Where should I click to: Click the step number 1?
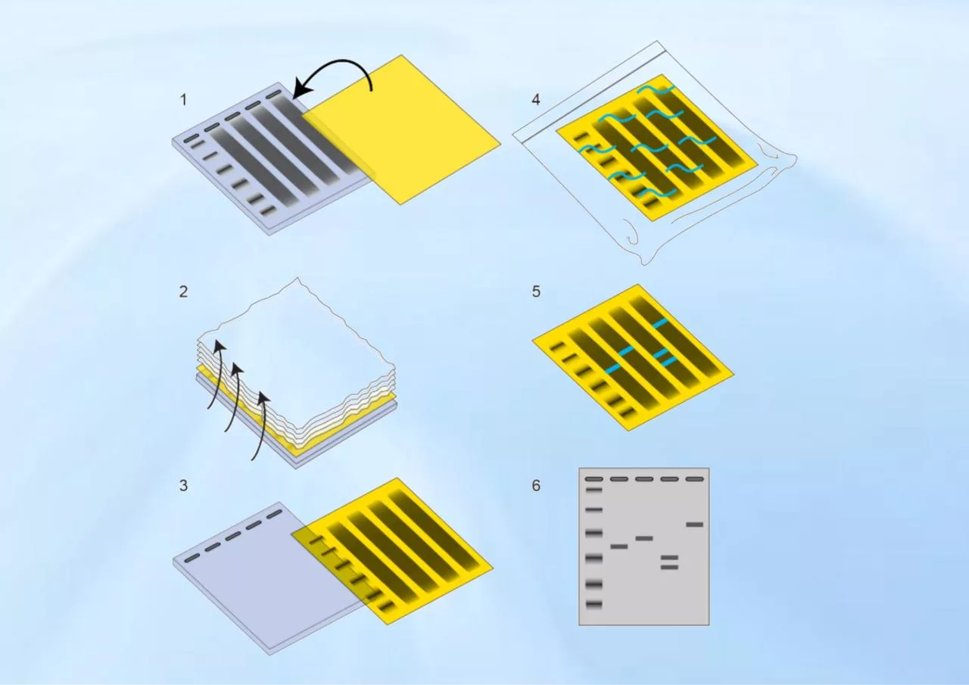183,100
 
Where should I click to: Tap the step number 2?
183,292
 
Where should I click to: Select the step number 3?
183,486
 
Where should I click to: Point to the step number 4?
536,100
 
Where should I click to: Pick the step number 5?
536,292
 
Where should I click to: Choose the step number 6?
536,486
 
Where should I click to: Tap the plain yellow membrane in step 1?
402,129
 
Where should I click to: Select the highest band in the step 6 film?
695,525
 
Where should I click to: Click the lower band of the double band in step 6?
669,567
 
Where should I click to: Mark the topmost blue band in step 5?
661,322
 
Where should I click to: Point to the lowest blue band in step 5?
612,369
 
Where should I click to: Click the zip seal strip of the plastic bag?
593,92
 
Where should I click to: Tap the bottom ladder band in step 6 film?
594,604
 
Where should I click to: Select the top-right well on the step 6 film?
695,479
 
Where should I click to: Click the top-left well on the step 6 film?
594,479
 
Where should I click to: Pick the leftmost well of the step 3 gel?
192,557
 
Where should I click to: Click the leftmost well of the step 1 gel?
192,139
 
